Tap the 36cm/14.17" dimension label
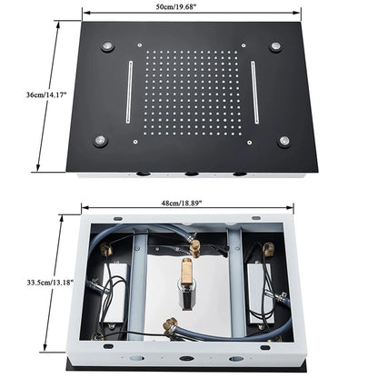tap(46, 94)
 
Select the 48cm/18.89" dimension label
tap(182, 204)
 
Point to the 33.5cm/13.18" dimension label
tap(50, 283)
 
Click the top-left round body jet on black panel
tap(107, 46)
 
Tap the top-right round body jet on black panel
tap(275, 46)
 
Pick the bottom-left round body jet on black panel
tap(100, 140)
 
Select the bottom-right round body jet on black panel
tap(284, 140)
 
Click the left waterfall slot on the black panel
tap(129, 92)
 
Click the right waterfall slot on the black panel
tap(254, 92)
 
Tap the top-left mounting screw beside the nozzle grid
tap(139, 45)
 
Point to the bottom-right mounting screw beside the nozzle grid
tap(250, 142)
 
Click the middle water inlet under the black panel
tap(192, 174)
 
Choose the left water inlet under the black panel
tap(143, 174)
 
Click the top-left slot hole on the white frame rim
tap(118, 218)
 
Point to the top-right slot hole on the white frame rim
tap(255, 217)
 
